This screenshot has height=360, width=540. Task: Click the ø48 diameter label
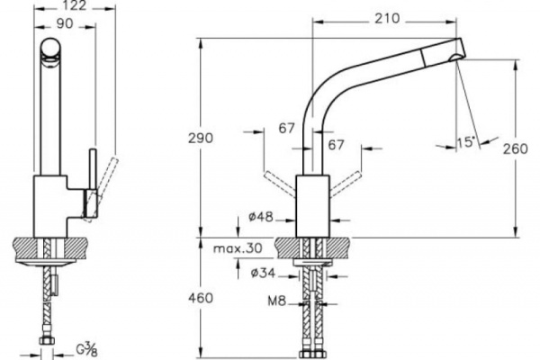pyautogui.click(x=261, y=217)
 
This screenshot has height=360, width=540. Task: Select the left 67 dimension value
pyautogui.click(x=286, y=129)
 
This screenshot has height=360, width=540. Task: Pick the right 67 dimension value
pyautogui.click(x=337, y=144)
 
